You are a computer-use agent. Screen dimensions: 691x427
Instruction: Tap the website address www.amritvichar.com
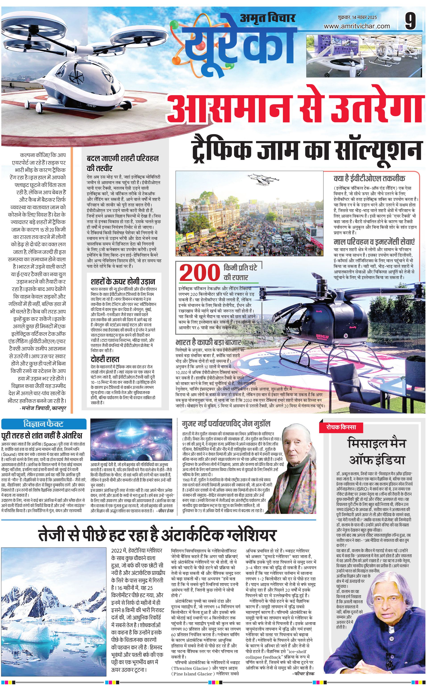click(357, 26)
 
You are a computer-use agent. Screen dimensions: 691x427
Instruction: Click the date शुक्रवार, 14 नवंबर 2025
click(357, 17)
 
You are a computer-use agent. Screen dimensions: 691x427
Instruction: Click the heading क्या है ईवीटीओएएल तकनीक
click(369, 178)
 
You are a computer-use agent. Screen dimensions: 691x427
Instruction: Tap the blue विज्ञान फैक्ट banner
click(44, 424)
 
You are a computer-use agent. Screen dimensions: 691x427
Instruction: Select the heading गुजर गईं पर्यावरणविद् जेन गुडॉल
click(226, 424)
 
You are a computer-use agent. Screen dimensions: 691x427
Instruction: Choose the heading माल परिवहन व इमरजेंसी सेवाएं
click(374, 242)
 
